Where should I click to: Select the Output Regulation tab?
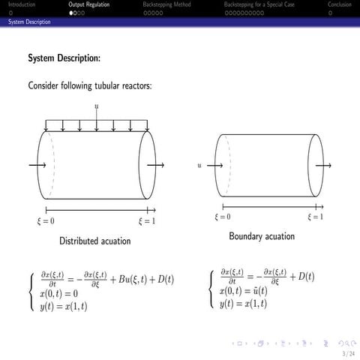coord(88,4)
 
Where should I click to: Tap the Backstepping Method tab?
coord(166,4)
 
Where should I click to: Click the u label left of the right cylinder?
coord(199,164)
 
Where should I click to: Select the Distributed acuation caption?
coord(95,241)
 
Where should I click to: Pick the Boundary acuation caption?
coord(262,236)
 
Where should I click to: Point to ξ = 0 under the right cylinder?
coord(221,217)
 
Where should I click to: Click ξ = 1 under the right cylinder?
coord(315,217)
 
